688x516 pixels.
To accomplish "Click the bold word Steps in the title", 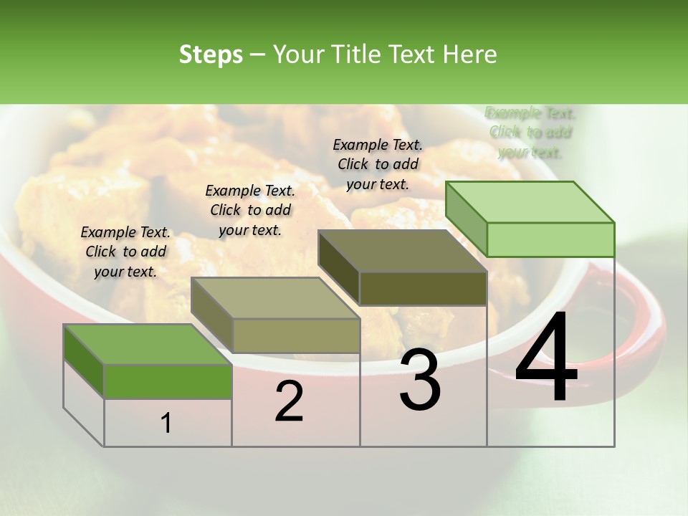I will pyautogui.click(x=211, y=54).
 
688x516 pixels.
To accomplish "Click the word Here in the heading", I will pyautogui.click(x=469, y=54).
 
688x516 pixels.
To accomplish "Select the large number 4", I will pyautogui.click(x=546, y=358).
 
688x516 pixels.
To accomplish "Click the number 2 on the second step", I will pyautogui.click(x=289, y=402).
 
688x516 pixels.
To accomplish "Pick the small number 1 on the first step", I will pyautogui.click(x=166, y=424).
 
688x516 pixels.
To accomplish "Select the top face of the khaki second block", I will pyautogui.click(x=275, y=298).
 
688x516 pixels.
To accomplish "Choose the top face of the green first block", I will pyautogui.click(x=148, y=344).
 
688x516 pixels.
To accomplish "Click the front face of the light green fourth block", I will pyautogui.click(x=550, y=239).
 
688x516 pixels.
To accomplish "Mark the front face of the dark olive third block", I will pyautogui.click(x=423, y=289).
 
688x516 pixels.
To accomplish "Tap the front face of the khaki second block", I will pyautogui.click(x=296, y=335).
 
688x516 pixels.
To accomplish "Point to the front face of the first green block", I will pyautogui.click(x=168, y=381).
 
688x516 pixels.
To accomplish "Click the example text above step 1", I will pyautogui.click(x=125, y=252).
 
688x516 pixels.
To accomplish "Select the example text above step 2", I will pyautogui.click(x=250, y=210).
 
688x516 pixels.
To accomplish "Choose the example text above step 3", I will pyautogui.click(x=378, y=164).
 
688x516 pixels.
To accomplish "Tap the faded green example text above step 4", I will pyautogui.click(x=530, y=133).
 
